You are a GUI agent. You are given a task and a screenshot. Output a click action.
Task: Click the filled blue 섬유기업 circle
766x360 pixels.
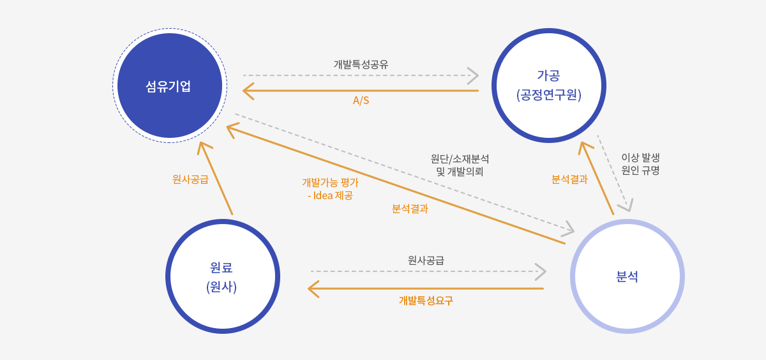pos(170,86)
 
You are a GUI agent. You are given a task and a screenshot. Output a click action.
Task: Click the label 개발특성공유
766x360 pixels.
pos(361,64)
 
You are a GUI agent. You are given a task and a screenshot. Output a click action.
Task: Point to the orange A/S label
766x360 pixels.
pos(361,100)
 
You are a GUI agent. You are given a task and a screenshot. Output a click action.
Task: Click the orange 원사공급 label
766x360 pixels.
pos(190,179)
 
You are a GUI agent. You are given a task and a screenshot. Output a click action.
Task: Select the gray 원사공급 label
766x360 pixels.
pos(426,260)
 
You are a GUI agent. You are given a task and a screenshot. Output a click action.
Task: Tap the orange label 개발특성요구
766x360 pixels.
pos(426,301)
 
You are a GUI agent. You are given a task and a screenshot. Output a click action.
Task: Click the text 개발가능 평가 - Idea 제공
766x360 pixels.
pos(331,189)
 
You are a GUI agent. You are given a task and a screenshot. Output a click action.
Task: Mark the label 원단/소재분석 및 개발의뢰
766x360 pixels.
pos(460,165)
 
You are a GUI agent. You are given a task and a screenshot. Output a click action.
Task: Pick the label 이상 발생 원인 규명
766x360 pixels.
pos(640,164)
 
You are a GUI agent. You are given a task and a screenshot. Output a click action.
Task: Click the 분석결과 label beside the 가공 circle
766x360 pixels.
pos(569,179)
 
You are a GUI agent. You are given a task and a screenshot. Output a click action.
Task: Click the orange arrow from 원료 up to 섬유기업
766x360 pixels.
pos(216,178)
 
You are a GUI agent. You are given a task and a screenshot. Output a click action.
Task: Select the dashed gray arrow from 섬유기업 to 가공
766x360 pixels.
pos(361,75)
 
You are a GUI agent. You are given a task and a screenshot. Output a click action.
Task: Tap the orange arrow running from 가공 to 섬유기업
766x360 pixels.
pos(361,91)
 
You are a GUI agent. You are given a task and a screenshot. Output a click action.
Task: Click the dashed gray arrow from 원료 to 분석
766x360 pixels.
pos(428,271)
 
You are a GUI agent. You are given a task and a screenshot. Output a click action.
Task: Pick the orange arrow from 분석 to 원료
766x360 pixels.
pos(426,289)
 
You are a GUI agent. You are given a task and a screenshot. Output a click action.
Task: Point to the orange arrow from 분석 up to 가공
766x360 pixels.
pos(596,178)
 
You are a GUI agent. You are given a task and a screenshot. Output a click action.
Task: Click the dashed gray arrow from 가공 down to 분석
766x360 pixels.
pos(614,173)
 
